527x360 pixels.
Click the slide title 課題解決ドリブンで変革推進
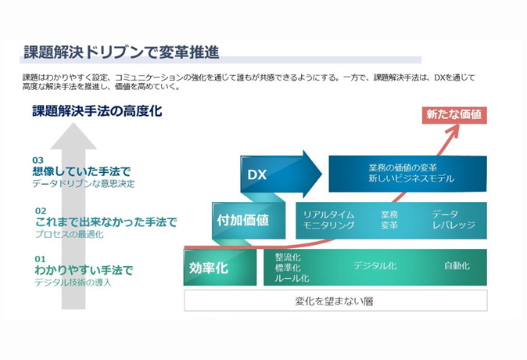point(122,52)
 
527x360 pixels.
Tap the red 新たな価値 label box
point(454,115)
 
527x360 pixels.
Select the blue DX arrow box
point(281,174)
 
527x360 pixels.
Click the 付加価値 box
point(249,221)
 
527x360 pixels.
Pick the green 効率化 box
point(220,268)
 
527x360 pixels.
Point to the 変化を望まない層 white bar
point(335,301)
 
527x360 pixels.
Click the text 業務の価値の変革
point(403,167)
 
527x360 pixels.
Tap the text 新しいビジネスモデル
point(411,178)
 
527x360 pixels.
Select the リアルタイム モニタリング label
point(328,220)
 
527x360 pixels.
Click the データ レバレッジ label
point(454,220)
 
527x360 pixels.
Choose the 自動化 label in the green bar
point(457,266)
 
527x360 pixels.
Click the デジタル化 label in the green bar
point(375,266)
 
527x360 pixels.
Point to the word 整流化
point(288,257)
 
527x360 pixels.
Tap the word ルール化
point(292,279)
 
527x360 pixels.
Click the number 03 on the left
point(38,160)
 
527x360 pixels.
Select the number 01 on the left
point(40,259)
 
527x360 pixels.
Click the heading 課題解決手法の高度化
point(97,111)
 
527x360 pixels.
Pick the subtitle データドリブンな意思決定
point(84,184)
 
